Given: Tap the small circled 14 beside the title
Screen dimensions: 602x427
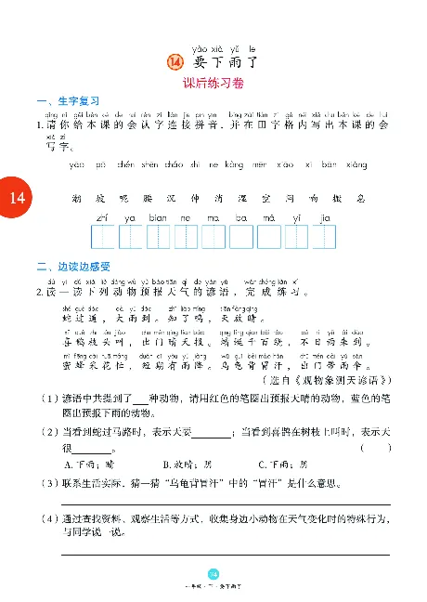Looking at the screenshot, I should coord(175,62).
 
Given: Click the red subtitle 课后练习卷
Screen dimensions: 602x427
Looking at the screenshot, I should coord(213,83).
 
